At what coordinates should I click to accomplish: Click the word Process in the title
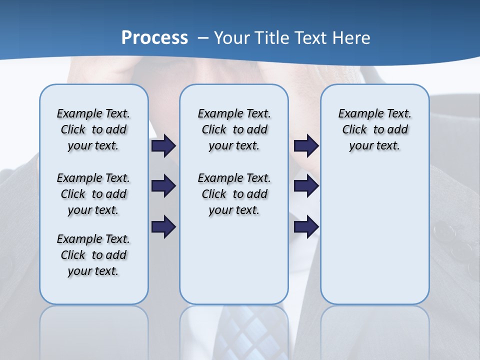[x=154, y=38]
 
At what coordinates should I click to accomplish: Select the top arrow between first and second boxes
[x=163, y=146]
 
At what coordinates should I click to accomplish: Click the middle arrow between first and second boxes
[x=163, y=186]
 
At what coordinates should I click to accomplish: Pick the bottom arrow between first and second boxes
[x=163, y=226]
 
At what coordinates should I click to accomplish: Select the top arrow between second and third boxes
[x=306, y=146]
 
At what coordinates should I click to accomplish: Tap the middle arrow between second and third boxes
[x=306, y=186]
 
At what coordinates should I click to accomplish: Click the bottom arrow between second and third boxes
[x=306, y=226]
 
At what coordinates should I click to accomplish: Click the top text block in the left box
[x=93, y=129]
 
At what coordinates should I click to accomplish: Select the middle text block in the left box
[x=93, y=194]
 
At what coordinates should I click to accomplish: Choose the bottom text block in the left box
[x=93, y=255]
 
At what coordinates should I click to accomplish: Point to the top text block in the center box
[x=234, y=129]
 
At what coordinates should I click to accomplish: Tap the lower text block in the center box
[x=234, y=194]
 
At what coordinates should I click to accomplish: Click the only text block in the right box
[x=374, y=129]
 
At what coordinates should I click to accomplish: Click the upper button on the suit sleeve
[x=444, y=231]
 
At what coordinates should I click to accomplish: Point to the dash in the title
[x=202, y=38]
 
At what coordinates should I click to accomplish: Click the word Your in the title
[x=232, y=38]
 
